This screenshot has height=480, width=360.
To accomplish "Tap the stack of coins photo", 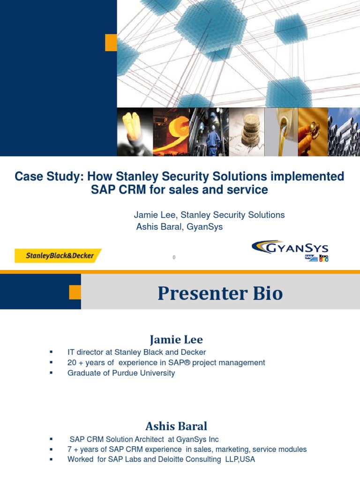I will point(247,132).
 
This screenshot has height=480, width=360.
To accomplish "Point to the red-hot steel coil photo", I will point(171,132).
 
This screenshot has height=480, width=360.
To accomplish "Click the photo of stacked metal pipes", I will point(344,132).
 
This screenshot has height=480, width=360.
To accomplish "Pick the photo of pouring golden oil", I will point(281,132).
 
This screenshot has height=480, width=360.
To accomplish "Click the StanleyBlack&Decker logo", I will point(58,255).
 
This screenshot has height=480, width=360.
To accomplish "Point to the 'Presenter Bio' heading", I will point(220,293).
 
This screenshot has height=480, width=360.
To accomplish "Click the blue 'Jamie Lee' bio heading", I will point(176,339).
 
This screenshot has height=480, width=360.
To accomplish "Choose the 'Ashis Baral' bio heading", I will point(176,426).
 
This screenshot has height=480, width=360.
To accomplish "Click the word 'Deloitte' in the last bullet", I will point(173,459).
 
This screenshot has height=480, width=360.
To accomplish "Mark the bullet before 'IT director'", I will point(51,352).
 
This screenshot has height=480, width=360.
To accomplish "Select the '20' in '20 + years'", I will point(72,363).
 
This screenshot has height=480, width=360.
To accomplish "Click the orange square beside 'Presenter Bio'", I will point(75,292).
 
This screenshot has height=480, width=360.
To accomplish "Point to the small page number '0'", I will point(174,257).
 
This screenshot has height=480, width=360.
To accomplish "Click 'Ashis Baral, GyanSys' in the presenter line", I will point(179,227).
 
